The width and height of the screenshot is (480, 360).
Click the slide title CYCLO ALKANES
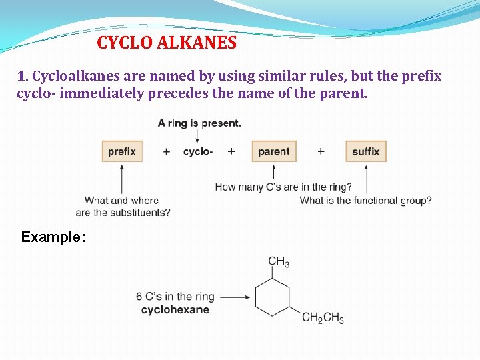tap(167, 43)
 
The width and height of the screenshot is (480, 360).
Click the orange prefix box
tap(122, 151)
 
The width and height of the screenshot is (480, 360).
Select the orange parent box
tap(273, 151)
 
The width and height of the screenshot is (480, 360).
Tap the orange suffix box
tap(366, 151)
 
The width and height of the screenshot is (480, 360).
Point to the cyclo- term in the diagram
tap(198, 151)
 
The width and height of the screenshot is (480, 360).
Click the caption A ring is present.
tap(199, 123)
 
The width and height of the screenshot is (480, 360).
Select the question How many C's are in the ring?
tap(283, 187)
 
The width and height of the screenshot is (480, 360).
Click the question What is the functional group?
tap(365, 200)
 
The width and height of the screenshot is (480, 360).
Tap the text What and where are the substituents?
tap(123, 207)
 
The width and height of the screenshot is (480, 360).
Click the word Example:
tap(53, 237)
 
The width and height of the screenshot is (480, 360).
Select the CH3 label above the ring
tap(279, 261)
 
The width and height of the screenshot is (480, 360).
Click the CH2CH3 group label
tap(323, 318)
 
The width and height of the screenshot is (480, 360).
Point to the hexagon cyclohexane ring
tap(273, 297)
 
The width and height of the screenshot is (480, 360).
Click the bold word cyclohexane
tap(175, 310)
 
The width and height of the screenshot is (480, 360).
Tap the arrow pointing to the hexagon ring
tap(234, 297)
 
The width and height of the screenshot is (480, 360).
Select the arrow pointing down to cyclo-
tap(198, 135)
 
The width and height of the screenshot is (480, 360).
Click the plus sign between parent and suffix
tap(321, 151)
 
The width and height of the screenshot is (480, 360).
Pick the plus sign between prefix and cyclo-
tap(166, 151)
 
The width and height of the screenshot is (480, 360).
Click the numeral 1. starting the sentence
tap(23, 76)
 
